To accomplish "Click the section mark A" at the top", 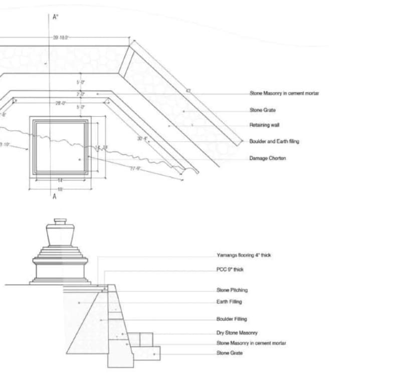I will tap(56, 17).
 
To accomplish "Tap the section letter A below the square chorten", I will tap(55, 196).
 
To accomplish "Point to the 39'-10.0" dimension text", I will tap(61, 38).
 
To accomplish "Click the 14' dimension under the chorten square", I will tap(60, 179).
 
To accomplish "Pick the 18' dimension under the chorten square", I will tap(60, 189).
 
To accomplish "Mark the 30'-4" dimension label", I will tap(142, 139).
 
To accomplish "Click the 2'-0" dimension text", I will tap(80, 94).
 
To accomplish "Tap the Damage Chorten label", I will tap(268, 158).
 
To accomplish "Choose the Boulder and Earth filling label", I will tap(274, 141).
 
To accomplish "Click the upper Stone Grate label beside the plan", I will tap(262, 110).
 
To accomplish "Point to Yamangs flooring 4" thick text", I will tap(244, 255).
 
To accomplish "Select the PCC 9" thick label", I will tap(230, 269).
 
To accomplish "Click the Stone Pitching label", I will tap(232, 290).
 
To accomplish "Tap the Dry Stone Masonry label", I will tap(237, 333).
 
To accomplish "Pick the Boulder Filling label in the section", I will tap(232, 319).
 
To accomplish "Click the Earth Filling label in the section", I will tap(229, 302).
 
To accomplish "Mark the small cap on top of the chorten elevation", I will tap(60, 221).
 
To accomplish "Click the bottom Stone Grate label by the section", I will tap(229, 353).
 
